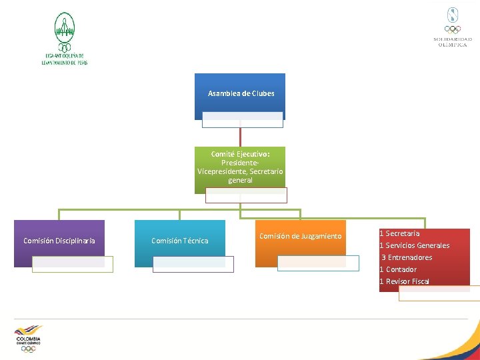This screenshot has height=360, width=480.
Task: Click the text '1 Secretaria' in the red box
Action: tap(399, 233)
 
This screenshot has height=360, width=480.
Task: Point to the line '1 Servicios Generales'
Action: tap(414, 245)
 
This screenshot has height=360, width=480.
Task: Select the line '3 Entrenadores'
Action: tap(407, 257)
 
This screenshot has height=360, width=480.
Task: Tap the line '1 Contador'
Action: tap(398, 269)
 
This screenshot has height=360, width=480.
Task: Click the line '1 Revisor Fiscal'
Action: tap(404, 281)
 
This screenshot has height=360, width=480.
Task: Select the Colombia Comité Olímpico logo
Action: tap(28, 338)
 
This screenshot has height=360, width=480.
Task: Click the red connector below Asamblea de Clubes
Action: tap(240, 133)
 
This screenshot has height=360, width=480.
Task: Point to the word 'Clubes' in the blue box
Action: tap(261, 93)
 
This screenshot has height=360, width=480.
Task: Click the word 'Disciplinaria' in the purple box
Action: tap(75, 241)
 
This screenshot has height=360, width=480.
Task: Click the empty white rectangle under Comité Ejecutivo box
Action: tap(247, 195)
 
